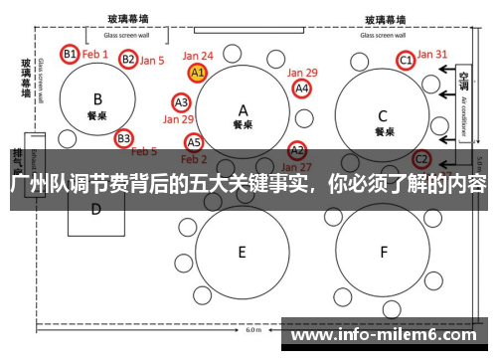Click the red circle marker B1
[70, 54]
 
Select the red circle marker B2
[128, 60]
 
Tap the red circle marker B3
[123, 138]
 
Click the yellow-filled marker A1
[197, 73]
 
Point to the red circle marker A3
[182, 102]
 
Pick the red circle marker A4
[302, 89]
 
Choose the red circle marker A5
[194, 142]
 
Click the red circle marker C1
[406, 61]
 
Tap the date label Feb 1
[95, 54]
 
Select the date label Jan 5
[152, 61]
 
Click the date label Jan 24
[198, 56]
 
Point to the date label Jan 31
[432, 55]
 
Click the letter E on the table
[242, 253]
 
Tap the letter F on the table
[383, 253]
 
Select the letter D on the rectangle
[96, 209]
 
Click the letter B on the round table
[97, 98]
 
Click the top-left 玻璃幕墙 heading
[130, 19]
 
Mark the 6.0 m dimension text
[253, 330]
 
